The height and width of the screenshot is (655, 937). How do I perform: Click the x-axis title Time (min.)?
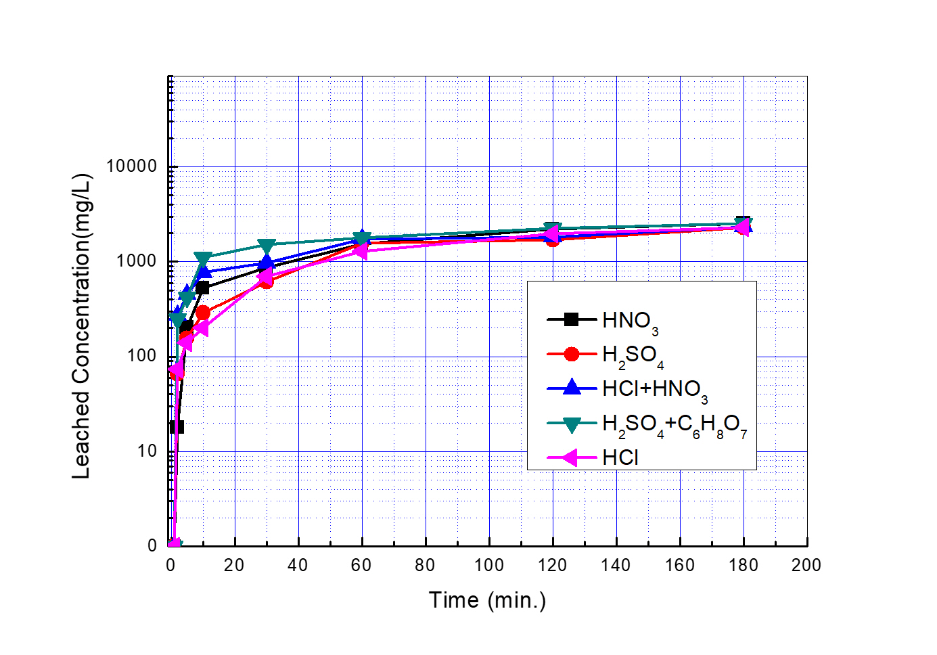[x=487, y=600]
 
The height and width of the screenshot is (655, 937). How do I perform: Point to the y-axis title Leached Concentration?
[x=82, y=327]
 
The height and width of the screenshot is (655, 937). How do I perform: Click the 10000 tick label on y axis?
[x=131, y=166]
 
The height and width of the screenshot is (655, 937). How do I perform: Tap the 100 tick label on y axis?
[x=141, y=356]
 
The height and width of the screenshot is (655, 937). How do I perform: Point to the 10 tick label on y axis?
[x=146, y=451]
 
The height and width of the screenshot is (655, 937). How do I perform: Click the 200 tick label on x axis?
[x=806, y=566]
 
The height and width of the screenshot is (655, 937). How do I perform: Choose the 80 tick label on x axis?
[x=425, y=566]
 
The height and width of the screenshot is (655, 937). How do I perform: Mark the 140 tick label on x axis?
[x=616, y=566]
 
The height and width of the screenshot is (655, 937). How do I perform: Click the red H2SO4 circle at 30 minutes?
[x=266, y=281]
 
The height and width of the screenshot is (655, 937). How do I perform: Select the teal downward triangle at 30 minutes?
[x=267, y=246]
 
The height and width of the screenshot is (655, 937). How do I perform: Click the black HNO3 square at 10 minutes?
[x=202, y=288]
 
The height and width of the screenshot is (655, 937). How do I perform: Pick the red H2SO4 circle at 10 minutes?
[x=202, y=313]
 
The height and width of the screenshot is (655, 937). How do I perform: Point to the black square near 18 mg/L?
[x=177, y=427]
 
